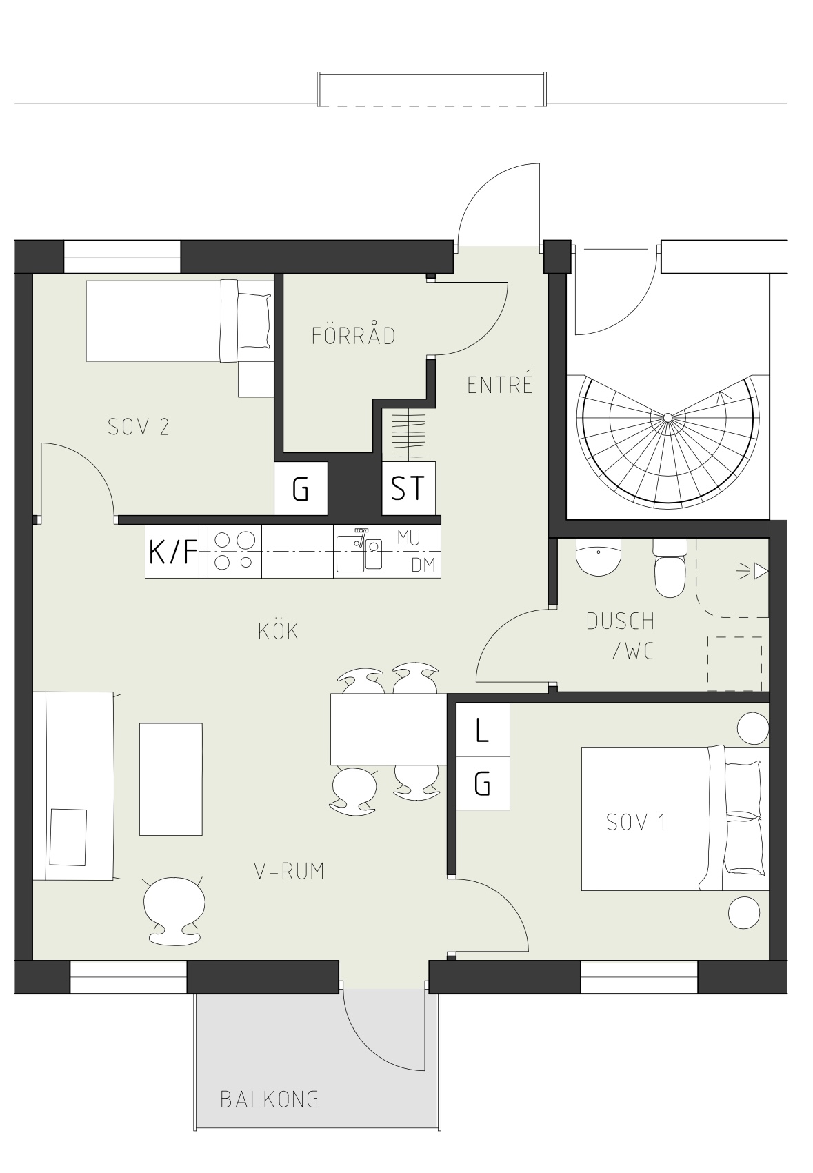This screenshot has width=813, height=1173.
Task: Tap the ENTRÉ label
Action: (x=499, y=385)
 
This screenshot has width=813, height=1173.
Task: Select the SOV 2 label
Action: (x=139, y=427)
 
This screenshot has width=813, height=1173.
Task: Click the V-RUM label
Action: (x=290, y=871)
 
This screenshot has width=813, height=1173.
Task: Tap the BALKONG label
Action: (x=270, y=1100)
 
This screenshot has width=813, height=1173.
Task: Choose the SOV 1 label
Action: (x=636, y=822)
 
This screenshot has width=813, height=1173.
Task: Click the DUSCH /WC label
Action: (x=621, y=636)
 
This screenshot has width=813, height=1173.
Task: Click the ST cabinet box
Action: (x=408, y=488)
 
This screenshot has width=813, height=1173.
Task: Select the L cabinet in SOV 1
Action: (x=483, y=730)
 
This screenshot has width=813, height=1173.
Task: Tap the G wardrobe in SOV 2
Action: (x=301, y=488)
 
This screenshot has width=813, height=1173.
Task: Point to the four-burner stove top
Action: (x=234, y=552)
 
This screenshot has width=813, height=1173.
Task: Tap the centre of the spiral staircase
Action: (x=668, y=417)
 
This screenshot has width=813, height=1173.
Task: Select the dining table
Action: (x=388, y=729)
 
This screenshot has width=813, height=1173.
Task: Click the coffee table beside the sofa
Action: (x=170, y=779)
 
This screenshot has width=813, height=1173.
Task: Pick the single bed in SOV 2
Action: (x=179, y=321)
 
